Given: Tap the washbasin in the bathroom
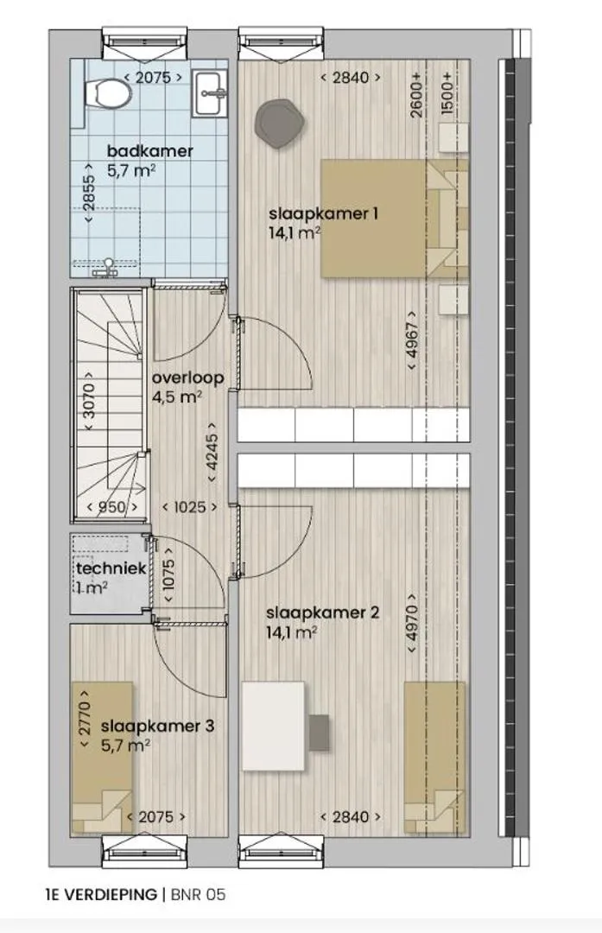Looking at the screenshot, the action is (x=208, y=92).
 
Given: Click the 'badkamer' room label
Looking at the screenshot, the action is (x=150, y=151).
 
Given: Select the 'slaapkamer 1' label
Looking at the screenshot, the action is (x=323, y=213).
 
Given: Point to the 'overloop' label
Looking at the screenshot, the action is (x=187, y=378).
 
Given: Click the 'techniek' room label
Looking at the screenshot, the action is (x=111, y=568).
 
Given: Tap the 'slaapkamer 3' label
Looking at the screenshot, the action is (x=158, y=726).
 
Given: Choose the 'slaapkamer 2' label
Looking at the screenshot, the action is (x=322, y=612).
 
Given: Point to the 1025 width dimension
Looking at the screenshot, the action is (x=190, y=507).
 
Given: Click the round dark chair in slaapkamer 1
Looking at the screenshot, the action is (x=280, y=124).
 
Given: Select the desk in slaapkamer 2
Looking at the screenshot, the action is (x=274, y=727).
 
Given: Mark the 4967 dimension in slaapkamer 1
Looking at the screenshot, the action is (x=412, y=341).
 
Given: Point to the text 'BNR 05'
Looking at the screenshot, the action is (x=198, y=894).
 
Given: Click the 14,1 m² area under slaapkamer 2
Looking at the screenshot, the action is (x=291, y=632).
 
